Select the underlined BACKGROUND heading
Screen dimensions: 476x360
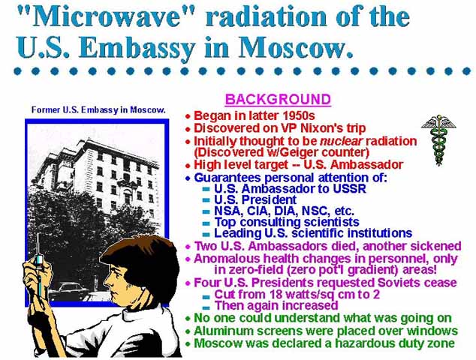278,100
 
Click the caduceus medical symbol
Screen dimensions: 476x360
438,139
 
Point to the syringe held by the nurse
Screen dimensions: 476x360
39,267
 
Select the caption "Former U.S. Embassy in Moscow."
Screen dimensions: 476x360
98,109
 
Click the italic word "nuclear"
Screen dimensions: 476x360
342,141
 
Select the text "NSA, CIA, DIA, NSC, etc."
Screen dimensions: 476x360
284,211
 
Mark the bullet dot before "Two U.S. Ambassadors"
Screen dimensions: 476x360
188,246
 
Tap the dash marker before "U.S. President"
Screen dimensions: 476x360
206,200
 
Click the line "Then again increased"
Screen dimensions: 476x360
276,305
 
